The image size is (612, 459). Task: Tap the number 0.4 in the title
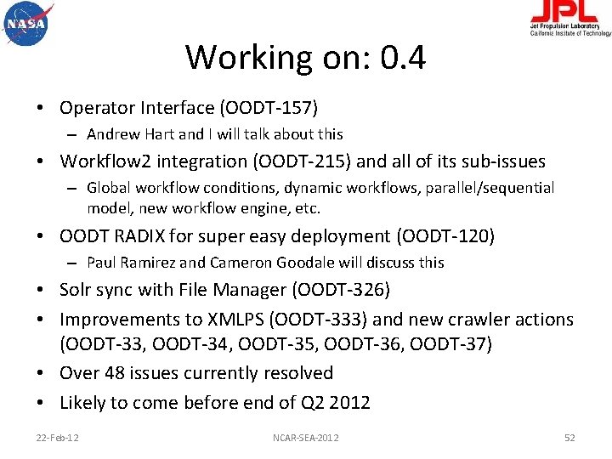tap(403, 58)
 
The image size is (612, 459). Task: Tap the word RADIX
tap(140, 235)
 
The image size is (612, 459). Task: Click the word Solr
tap(77, 291)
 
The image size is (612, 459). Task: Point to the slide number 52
tap(569, 437)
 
